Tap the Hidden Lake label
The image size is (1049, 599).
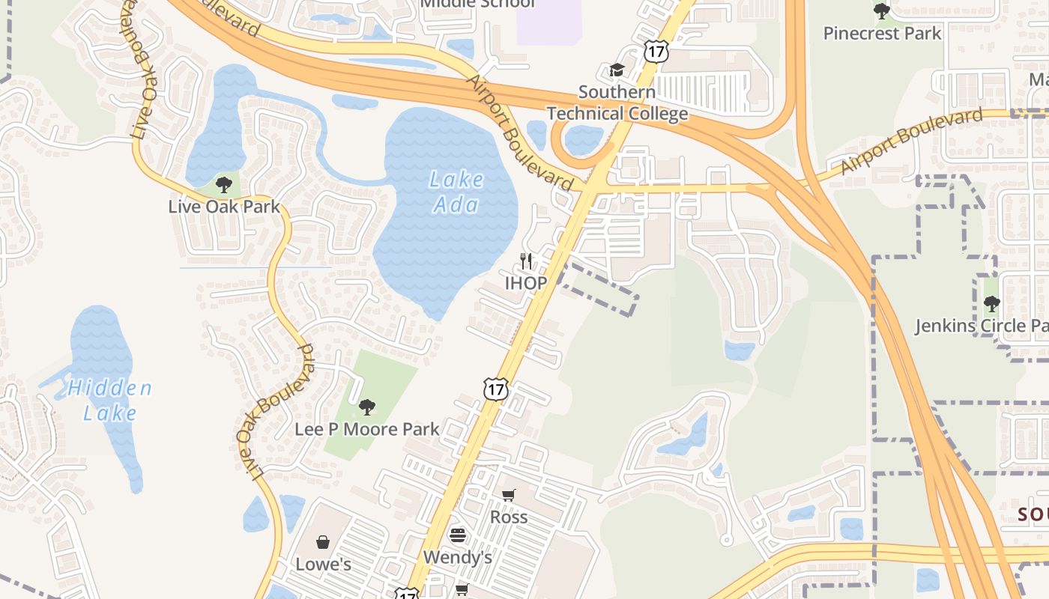(109, 400)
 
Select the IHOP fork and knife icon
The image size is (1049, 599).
(527, 261)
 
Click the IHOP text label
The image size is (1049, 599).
(525, 283)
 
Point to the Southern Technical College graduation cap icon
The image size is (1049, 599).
(617, 70)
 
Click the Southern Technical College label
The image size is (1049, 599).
(617, 103)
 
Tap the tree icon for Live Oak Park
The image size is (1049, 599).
(223, 185)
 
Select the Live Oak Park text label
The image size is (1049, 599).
(223, 207)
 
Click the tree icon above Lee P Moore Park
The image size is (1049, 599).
(366, 407)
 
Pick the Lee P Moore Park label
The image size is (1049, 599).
(366, 429)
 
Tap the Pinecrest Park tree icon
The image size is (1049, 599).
(882, 11)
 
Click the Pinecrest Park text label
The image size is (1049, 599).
(882, 33)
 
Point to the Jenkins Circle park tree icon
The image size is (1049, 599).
(991, 304)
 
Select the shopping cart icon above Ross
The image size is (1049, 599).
(509, 495)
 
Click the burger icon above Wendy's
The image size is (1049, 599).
(457, 535)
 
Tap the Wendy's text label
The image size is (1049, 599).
(457, 557)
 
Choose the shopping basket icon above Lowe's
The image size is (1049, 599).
(323, 541)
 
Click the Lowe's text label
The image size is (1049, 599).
(323, 564)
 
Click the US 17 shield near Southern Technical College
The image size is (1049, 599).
(654, 51)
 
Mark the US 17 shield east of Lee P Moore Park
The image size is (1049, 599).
(495, 389)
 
